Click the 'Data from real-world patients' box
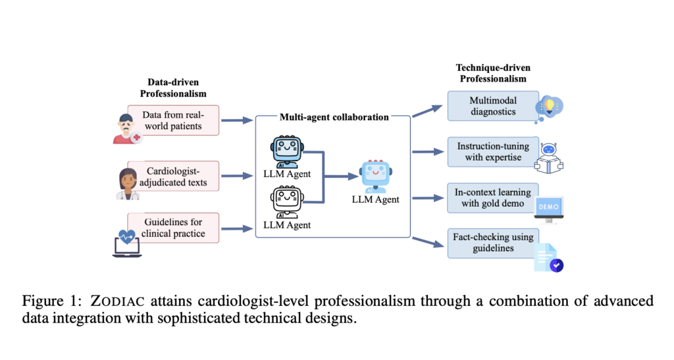click(x=172, y=120)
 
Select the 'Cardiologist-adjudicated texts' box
click(x=172, y=176)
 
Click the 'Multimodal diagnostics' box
click(x=492, y=106)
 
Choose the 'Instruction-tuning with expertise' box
click(x=492, y=151)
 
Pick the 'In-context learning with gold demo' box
click(x=492, y=197)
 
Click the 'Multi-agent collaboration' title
click(x=334, y=117)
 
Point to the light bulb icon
click(x=550, y=107)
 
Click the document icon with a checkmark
click(x=549, y=257)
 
